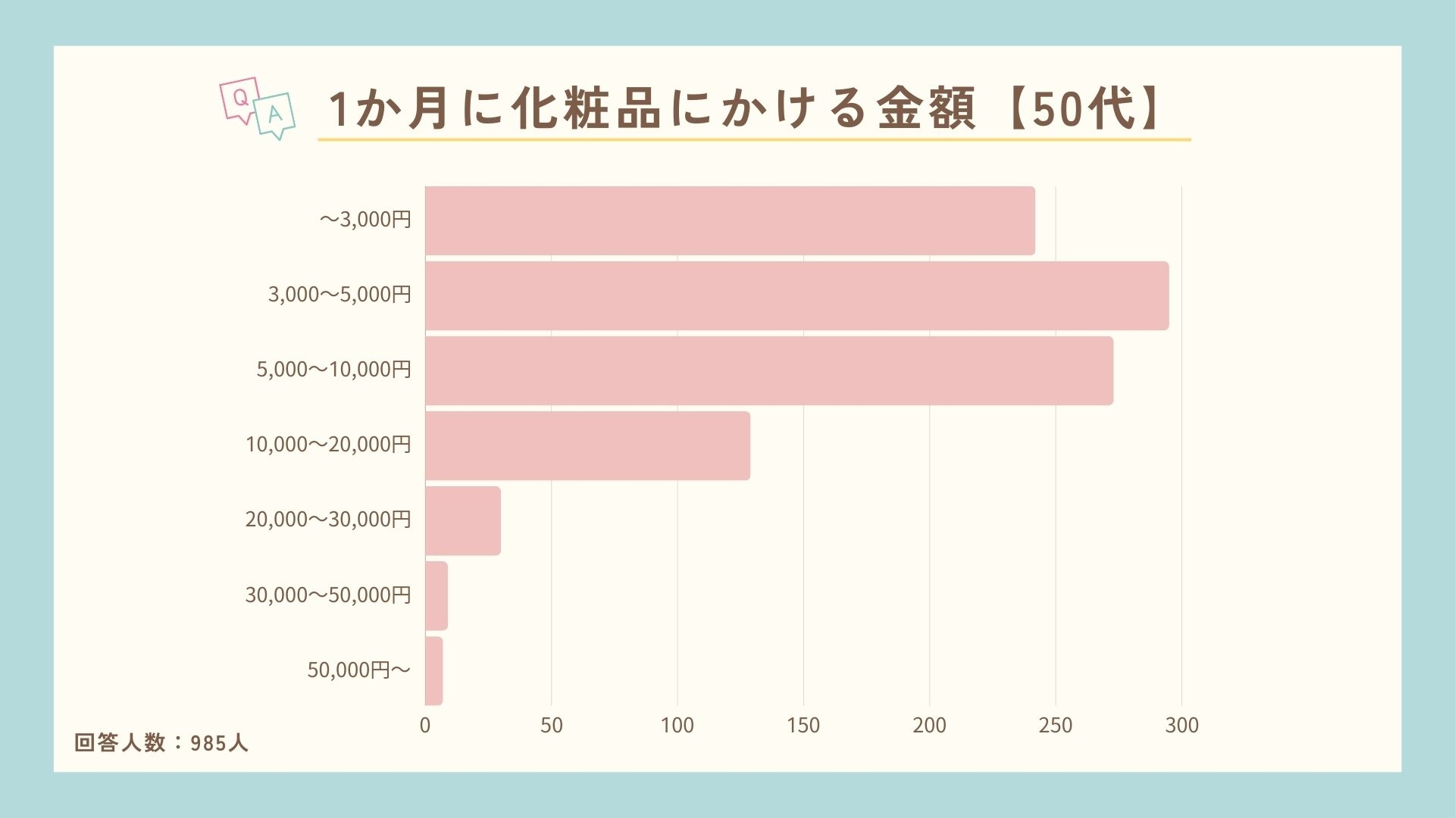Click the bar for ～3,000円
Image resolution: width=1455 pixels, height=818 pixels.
point(730,220)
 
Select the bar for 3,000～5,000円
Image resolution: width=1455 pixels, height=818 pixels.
point(796,295)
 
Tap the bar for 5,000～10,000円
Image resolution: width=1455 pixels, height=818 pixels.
point(769,370)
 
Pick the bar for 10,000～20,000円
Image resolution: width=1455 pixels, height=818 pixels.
point(587,445)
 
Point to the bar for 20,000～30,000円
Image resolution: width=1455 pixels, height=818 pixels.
point(463,520)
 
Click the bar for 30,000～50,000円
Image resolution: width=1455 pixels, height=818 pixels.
point(436,595)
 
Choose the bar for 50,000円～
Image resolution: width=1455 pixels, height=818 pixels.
point(433,670)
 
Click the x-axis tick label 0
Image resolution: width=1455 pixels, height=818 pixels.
point(425,726)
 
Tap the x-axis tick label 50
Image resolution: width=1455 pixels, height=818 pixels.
point(552,726)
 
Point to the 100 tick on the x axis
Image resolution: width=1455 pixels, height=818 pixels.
point(677,726)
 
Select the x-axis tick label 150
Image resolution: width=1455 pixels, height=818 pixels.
point(803,726)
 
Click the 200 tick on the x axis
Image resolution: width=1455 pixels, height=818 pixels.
point(929,726)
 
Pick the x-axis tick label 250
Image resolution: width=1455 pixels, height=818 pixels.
point(1056,726)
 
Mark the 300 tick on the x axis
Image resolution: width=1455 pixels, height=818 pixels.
point(1181,726)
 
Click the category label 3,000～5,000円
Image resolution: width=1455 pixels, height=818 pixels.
point(339,295)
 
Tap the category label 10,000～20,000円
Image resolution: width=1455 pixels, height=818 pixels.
point(328,445)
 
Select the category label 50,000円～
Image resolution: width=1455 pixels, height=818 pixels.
point(358,670)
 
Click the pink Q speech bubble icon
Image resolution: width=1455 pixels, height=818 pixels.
point(239,99)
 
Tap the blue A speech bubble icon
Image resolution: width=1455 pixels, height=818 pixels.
point(274,115)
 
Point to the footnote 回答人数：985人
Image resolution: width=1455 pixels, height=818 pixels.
point(161,743)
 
